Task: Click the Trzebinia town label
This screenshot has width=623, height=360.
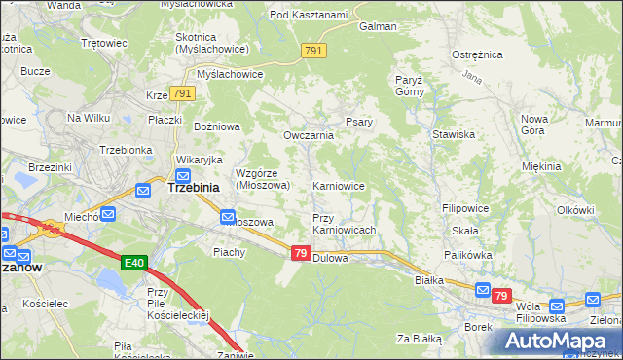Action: tap(193, 187)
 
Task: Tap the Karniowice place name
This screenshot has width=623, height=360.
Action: tap(338, 185)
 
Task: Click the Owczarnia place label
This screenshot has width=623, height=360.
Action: tap(308, 135)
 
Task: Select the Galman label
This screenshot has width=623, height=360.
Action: tap(376, 27)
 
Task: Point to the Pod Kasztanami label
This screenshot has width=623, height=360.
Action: tap(309, 15)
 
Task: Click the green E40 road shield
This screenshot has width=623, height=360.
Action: tap(135, 263)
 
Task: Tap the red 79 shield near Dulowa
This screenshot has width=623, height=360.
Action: tap(301, 253)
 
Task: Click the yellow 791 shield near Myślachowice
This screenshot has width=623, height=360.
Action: tap(183, 93)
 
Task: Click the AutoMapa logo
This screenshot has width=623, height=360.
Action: tap(561, 342)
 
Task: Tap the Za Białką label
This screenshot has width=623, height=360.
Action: tap(420, 339)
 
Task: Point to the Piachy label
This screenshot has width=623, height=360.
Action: tap(230, 252)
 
